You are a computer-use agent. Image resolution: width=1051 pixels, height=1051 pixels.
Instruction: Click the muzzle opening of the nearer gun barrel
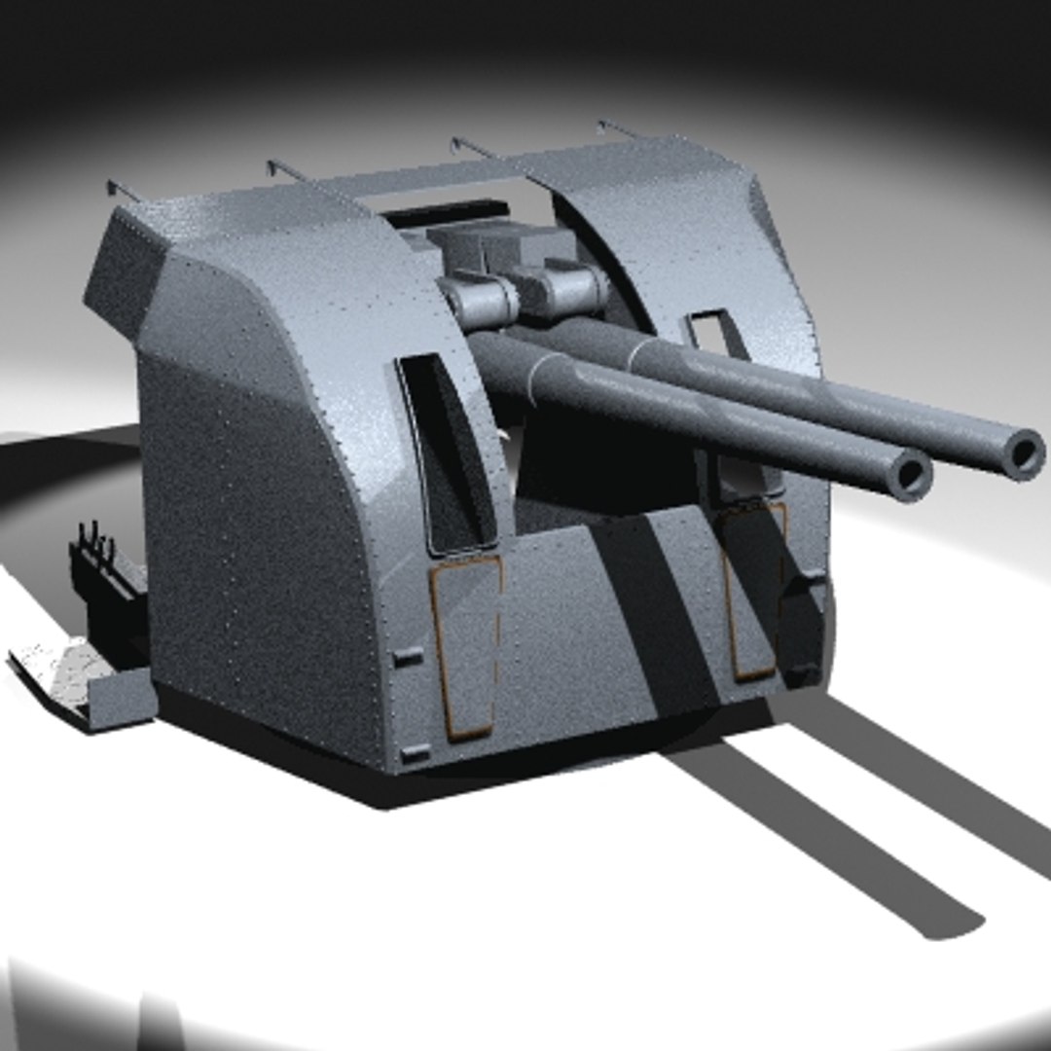tap(910, 474)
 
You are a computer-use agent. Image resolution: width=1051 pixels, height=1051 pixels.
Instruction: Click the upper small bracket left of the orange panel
tap(409, 657)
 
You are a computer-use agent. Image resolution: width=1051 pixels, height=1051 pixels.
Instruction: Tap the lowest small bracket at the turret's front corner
tap(416, 751)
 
